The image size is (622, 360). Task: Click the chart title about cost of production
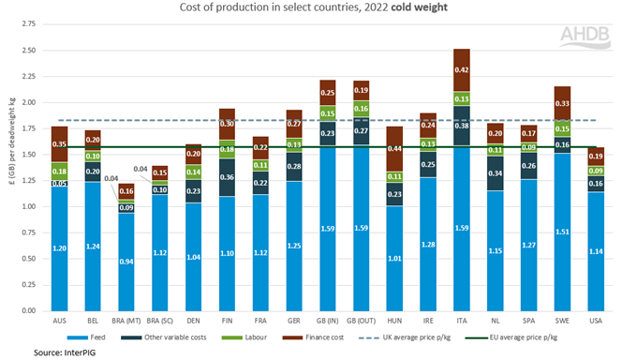[x=308, y=9]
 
